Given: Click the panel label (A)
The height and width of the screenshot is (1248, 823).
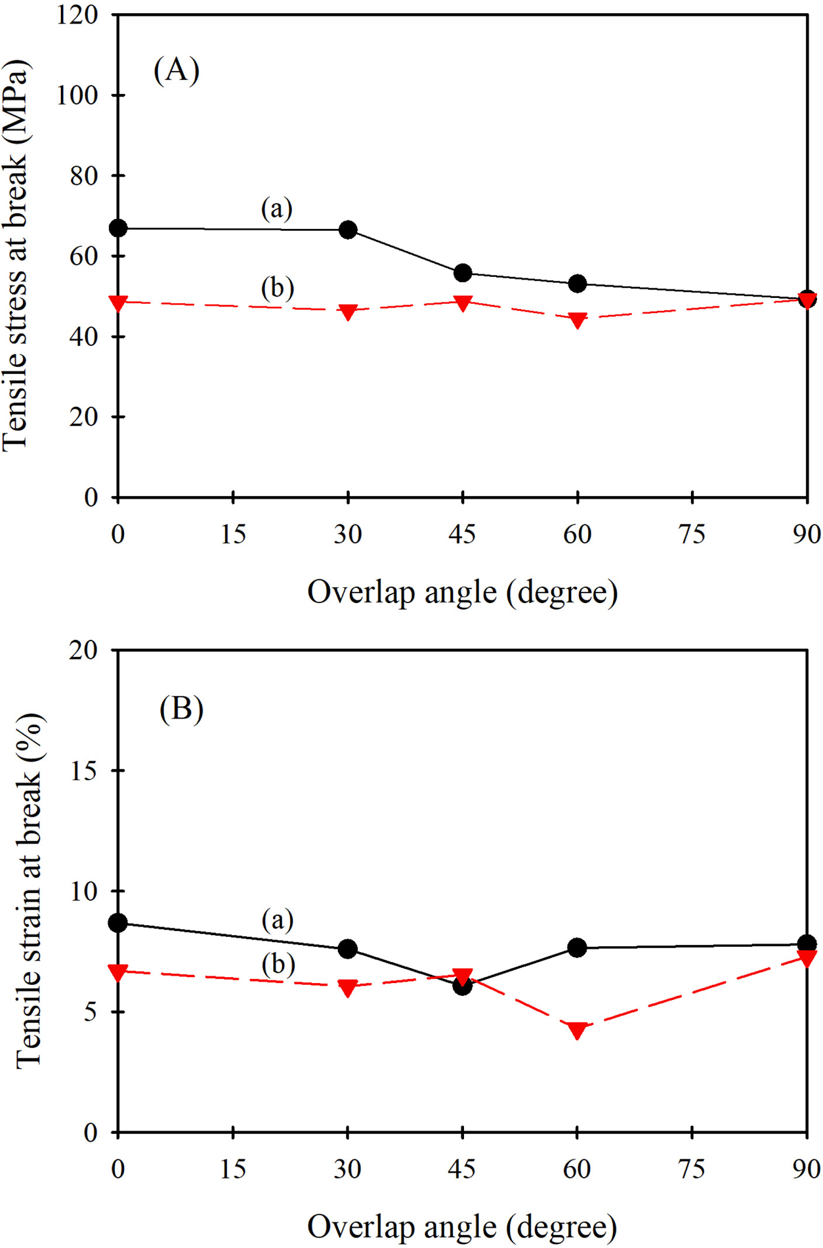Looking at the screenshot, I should [176, 70].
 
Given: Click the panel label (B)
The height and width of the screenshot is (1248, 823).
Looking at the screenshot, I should [181, 709].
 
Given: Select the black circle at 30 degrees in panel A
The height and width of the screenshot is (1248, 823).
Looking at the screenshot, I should [348, 230].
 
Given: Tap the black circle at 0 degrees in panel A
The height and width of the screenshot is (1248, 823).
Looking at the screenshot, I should [118, 228].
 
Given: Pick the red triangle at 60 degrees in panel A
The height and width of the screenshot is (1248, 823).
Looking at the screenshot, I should [578, 320].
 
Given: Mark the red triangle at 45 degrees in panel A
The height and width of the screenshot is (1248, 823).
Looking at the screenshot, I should [463, 303].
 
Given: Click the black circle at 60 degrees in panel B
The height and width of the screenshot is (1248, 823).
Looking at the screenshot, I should [578, 947].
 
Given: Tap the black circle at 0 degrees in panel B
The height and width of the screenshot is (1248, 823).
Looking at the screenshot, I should [118, 923].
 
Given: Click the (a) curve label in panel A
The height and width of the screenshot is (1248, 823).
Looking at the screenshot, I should [276, 209].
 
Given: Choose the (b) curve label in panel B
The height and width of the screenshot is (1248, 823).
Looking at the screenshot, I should [278, 964].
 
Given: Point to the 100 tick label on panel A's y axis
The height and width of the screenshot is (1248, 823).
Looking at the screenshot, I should [77, 96].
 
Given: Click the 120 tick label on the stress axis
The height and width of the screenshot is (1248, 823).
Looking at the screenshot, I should [77, 15].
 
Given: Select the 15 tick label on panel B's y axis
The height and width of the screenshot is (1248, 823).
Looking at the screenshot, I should [83, 771].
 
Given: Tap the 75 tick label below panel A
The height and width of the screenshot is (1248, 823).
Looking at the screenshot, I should [692, 535].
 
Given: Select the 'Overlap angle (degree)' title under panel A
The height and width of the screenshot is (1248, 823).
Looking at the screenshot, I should [462, 593].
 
